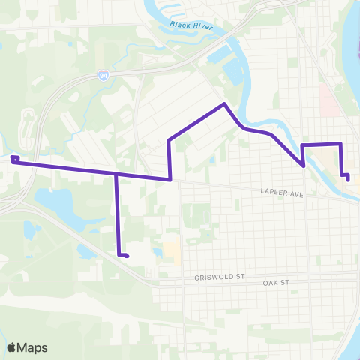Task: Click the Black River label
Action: (190, 25)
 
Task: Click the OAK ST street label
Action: (275, 283)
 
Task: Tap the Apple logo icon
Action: (12, 347)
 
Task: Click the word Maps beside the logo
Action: (33, 347)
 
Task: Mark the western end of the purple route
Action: (13, 159)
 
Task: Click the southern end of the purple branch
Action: (127, 256)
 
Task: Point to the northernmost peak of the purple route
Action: (223, 103)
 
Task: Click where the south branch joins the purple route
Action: (116, 173)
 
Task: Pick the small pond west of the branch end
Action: (85, 251)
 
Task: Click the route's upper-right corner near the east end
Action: (340, 143)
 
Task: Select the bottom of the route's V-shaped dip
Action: (303, 166)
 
